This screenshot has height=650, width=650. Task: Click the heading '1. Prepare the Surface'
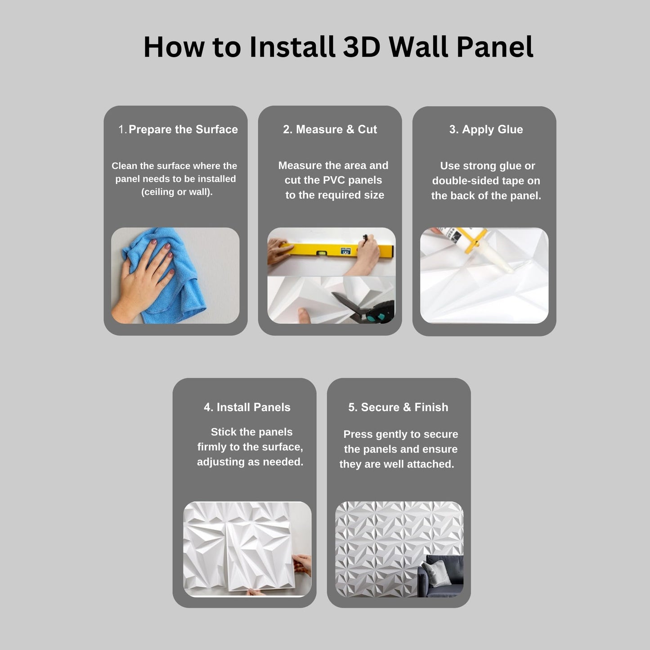pos(178,129)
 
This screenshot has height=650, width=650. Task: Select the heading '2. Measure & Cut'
pos(330,129)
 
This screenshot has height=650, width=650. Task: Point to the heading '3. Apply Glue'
pos(486,130)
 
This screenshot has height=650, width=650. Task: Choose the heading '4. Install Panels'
pos(247,407)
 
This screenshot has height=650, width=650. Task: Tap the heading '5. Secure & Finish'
pos(399,407)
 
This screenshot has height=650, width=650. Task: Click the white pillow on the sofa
pos(438,574)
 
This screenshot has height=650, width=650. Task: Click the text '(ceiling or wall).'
pos(177,192)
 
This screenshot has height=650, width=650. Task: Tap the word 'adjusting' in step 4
pos(221,462)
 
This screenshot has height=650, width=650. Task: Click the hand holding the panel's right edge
pos(301,565)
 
